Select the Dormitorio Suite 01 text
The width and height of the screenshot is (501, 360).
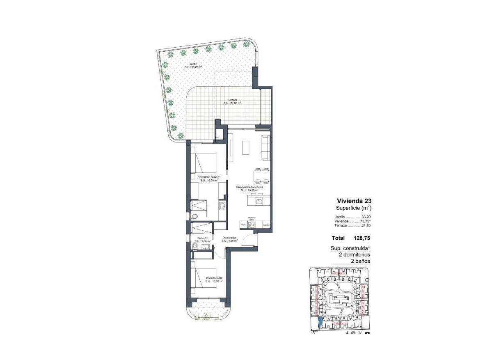(x=209, y=177)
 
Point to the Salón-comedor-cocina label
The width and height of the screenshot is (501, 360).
(x=249, y=187)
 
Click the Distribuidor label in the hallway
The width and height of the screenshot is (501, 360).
(x=229, y=238)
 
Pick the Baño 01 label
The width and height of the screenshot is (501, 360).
(x=203, y=238)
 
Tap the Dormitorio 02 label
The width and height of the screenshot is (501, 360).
(x=214, y=278)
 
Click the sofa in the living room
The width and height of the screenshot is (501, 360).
(x=266, y=148)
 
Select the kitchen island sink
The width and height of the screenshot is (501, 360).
(x=259, y=201)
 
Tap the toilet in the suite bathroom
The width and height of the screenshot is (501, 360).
(x=194, y=217)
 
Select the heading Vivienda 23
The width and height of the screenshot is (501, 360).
(x=354, y=201)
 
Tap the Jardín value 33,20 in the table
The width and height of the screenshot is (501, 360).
(x=366, y=217)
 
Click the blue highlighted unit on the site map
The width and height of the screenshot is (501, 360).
(x=320, y=323)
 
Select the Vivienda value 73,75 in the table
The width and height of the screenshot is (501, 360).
(x=365, y=221)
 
